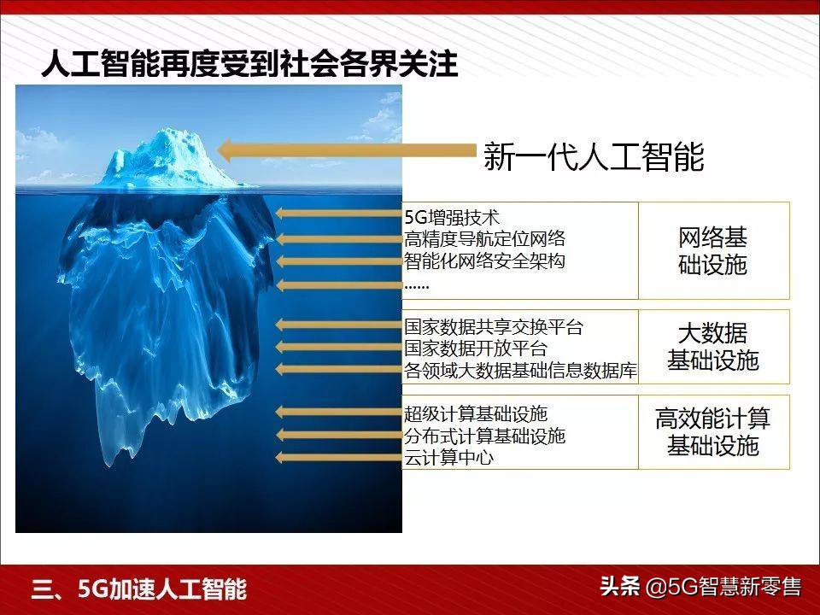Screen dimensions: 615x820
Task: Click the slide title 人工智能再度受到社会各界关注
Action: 249,64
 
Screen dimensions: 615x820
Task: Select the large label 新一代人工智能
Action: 594,156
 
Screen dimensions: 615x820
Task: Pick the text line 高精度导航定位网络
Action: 484,239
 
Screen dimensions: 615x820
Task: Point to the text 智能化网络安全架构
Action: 484,261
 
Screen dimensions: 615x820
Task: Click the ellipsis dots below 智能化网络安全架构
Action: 416,285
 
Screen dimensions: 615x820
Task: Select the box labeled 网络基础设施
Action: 713,251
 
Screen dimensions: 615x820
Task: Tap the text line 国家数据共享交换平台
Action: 494,326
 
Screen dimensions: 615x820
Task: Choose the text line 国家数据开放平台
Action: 476,348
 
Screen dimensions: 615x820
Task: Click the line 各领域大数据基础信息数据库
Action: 520,371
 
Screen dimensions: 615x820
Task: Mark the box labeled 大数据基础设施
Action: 713,347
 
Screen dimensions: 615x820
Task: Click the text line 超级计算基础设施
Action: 476,414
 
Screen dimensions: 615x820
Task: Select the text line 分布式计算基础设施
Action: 484,436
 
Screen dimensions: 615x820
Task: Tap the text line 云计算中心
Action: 448,458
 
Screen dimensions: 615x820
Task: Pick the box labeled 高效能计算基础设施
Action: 713,431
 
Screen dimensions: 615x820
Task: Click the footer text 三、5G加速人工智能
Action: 139,589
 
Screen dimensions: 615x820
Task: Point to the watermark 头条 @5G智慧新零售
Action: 700,587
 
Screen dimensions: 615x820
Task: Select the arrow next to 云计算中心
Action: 338,458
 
